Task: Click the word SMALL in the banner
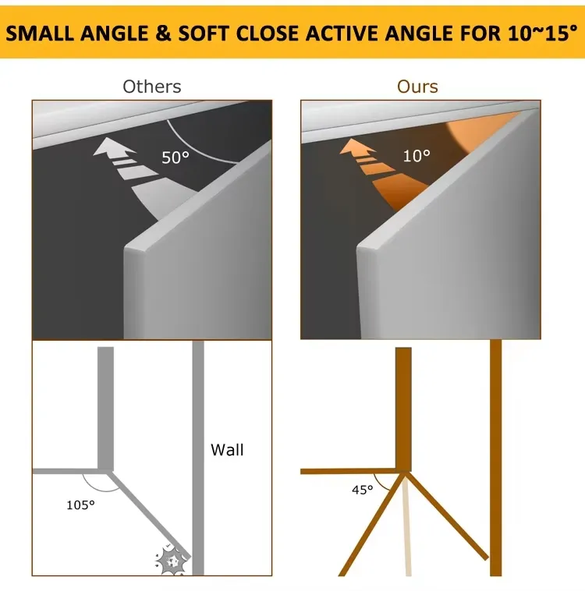click(40, 34)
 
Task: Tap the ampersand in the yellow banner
click(163, 34)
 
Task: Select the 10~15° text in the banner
click(542, 33)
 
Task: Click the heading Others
click(152, 87)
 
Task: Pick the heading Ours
click(417, 87)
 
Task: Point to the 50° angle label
click(175, 157)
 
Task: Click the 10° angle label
click(417, 156)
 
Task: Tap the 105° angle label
click(80, 504)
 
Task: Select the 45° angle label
click(363, 490)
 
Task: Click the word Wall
click(227, 450)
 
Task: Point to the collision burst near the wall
click(172, 561)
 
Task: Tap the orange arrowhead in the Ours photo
click(356, 147)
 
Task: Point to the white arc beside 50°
click(198, 145)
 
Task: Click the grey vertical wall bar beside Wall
click(198, 458)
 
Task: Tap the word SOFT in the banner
click(204, 34)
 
